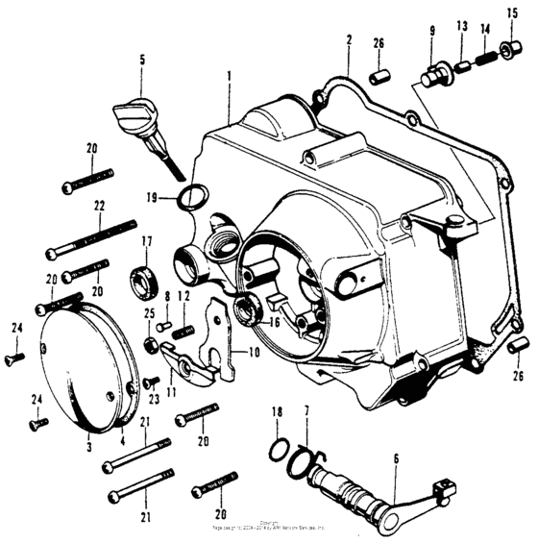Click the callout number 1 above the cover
pyautogui.click(x=229, y=73)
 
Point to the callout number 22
pyautogui.click(x=99, y=206)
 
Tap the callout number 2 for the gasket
pyautogui.click(x=349, y=39)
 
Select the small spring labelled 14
pyautogui.click(x=486, y=59)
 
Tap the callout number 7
pyautogui.click(x=306, y=411)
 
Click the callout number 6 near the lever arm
pyautogui.click(x=394, y=461)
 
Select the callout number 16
pyautogui.click(x=274, y=323)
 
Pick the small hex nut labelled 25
pyautogui.click(x=151, y=344)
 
